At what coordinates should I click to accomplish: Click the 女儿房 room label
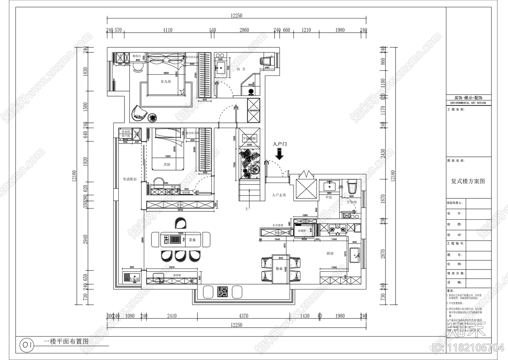pos(166,82)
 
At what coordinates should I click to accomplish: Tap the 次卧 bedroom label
pos(167,164)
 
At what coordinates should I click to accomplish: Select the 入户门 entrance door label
pos(279,144)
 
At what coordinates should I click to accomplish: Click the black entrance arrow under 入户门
pos(279,154)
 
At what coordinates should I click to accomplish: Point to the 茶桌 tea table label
pos(192,240)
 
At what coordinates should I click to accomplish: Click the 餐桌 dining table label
pos(279,269)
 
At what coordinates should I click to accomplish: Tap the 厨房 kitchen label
pos(330,253)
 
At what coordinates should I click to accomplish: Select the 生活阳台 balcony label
pos(130,179)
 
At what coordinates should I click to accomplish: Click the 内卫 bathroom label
pos(241,69)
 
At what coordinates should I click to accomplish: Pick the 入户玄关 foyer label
pos(279,195)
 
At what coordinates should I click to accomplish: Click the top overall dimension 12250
pos(237,16)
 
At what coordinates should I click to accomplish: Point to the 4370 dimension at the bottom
pos(244,316)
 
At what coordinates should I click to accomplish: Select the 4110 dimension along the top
pos(168,30)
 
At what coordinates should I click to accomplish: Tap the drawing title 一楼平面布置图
pos(66,342)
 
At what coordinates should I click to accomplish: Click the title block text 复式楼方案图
pos(468,181)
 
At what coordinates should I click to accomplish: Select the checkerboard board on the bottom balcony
pos(223,292)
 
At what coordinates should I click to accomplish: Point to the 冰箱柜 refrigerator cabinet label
pos(302,231)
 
